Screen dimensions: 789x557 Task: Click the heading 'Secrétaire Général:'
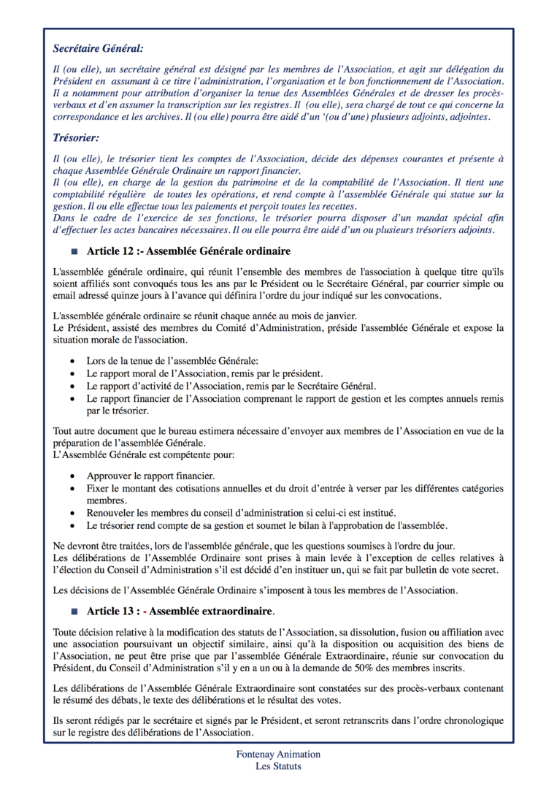(99, 48)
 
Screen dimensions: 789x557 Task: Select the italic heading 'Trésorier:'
(76, 137)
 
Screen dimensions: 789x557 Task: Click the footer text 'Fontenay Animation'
(278, 754)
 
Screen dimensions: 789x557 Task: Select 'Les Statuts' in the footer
(278, 766)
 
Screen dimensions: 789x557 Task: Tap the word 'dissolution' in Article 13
(363, 632)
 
